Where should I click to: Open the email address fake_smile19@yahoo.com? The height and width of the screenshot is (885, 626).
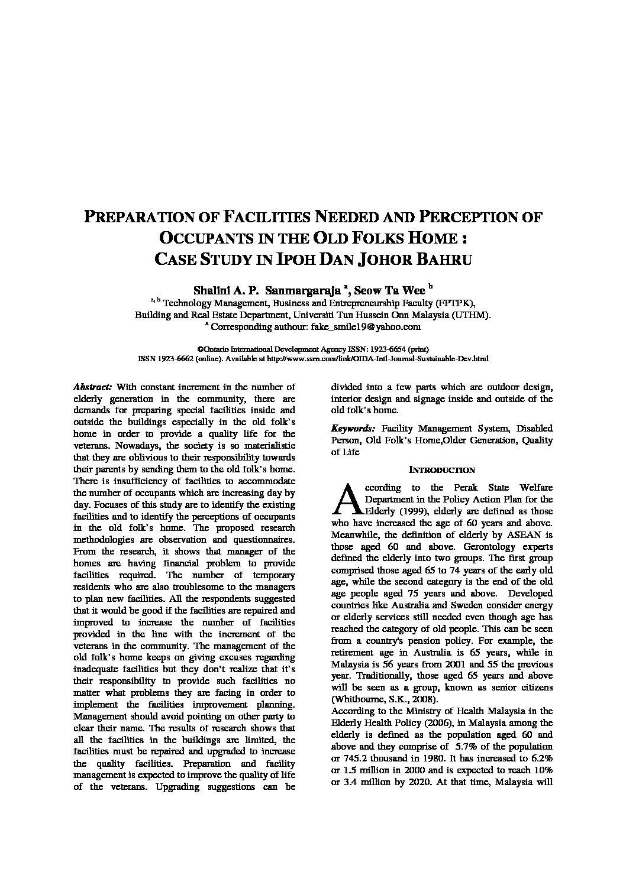(x=375, y=326)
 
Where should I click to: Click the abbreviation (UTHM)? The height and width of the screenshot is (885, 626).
(x=471, y=315)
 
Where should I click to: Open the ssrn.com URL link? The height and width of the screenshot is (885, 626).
(x=377, y=358)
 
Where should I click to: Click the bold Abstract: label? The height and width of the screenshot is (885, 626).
(x=92, y=387)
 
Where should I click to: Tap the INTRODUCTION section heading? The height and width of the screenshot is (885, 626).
(x=441, y=470)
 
